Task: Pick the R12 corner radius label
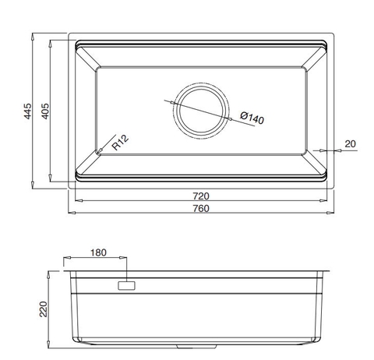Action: (119, 143)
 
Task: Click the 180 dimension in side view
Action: (98, 253)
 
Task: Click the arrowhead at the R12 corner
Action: (99, 151)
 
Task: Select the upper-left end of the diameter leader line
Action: (166, 99)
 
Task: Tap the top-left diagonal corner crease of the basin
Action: (86, 57)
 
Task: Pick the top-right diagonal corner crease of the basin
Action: (316, 57)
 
